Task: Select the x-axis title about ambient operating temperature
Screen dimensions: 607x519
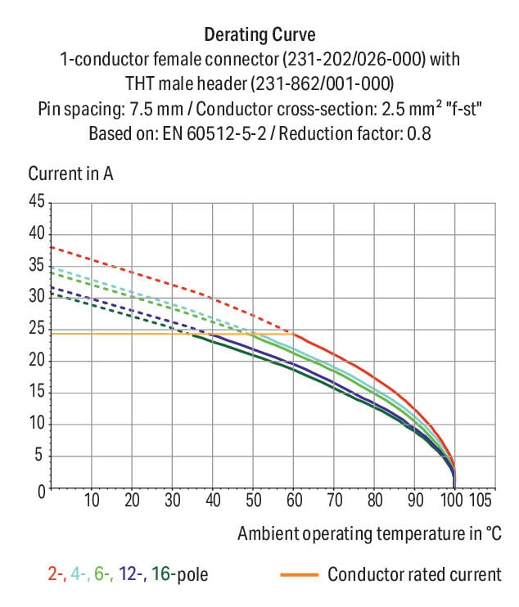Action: pos(369,533)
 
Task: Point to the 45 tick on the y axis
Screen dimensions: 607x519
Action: pos(38,200)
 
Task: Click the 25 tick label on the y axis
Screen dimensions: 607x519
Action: pos(38,329)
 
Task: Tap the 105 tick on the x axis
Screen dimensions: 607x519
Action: pos(481,501)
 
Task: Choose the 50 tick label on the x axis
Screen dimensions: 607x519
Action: pos(253,501)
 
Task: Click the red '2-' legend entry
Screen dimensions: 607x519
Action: pos(56,574)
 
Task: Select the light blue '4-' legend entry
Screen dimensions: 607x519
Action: pos(79,574)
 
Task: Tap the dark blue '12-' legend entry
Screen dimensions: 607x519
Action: pos(131,574)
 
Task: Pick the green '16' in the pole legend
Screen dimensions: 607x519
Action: pos(160,574)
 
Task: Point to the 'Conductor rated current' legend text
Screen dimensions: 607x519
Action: pos(414,574)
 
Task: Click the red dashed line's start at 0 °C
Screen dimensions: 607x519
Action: pos(52,246)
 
